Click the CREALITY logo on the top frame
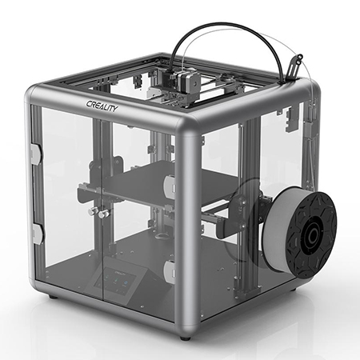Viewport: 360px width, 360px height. [102, 106]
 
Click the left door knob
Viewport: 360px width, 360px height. [92, 211]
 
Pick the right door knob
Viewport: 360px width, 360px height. [103, 214]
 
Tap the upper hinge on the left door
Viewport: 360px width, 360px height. [35, 154]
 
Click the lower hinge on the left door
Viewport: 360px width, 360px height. [37, 234]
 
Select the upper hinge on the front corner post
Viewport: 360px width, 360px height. [170, 184]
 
